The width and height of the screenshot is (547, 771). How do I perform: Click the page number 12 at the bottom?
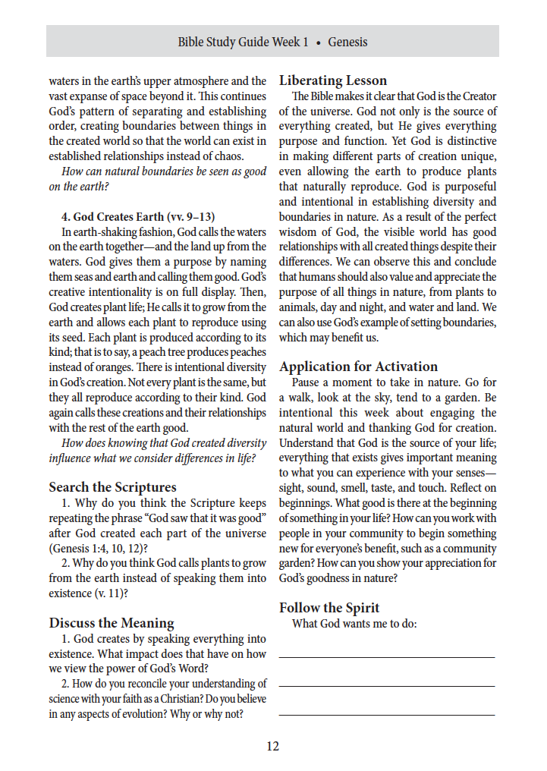tap(272, 746)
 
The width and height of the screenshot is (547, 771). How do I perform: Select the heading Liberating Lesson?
tap(333, 80)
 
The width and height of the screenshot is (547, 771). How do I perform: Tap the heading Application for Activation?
tap(358, 367)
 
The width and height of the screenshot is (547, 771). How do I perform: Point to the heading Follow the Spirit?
tap(329, 608)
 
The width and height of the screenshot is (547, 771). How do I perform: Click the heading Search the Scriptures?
tap(112, 487)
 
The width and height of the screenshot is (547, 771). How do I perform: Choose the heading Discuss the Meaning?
tap(112, 623)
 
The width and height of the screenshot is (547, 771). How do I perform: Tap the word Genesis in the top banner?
tap(347, 42)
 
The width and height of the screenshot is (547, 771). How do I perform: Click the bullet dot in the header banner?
tap(319, 42)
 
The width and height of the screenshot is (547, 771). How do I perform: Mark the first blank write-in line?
tap(386, 656)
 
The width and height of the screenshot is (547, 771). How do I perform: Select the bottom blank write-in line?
tap(386, 714)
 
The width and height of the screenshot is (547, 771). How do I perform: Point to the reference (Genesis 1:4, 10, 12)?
tap(98, 548)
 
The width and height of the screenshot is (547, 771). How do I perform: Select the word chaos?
tap(247, 156)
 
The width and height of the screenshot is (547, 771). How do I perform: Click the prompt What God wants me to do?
tap(354, 624)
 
